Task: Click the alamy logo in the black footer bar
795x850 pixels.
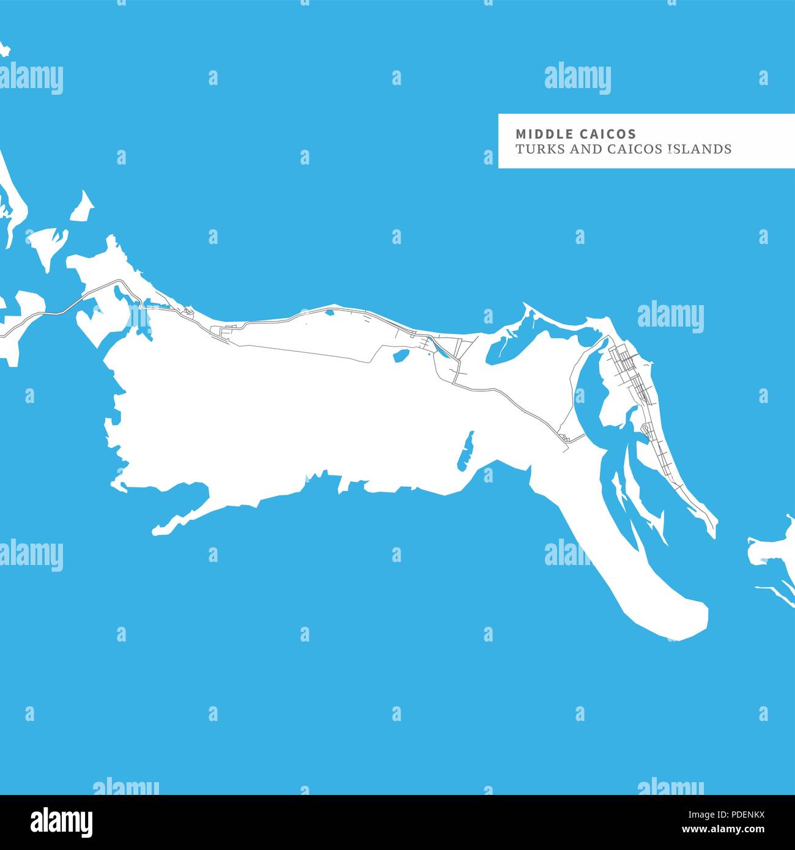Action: tap(61, 822)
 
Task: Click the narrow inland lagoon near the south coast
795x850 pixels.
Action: tap(466, 451)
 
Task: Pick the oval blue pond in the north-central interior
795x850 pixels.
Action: tap(401, 355)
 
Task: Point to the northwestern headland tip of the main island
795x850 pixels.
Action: tap(111, 240)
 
